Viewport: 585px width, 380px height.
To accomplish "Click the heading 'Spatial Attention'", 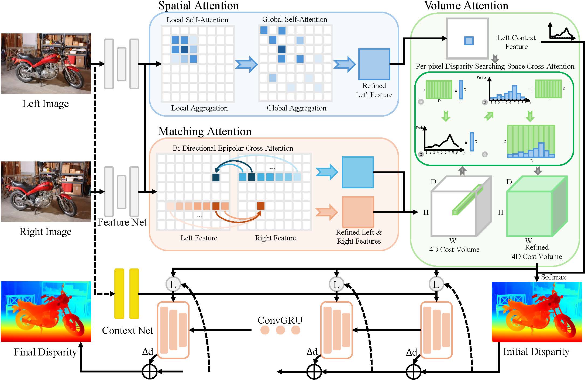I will coord(199,6).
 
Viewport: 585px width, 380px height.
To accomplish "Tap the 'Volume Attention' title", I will coord(466,6).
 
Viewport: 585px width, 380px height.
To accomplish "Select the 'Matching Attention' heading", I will coord(205,131).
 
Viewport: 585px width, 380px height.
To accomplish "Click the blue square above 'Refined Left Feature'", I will coord(374,64).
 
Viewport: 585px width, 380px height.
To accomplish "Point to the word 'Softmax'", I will coord(553,277).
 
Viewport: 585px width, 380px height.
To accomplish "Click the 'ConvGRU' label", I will coord(280,320).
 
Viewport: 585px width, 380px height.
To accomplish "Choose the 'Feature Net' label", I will coord(122,222).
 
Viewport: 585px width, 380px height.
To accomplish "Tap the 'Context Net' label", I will coord(127,330).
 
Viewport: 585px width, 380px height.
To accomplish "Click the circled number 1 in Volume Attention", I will coord(421,102).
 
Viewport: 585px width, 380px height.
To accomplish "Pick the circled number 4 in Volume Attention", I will coord(485,154).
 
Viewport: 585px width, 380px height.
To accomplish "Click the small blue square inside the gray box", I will coord(469,41).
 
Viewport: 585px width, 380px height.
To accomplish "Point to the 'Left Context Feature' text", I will coord(516,42).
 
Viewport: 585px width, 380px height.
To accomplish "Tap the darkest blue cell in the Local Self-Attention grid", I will coord(184,50).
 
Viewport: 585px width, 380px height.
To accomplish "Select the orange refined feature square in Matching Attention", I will coord(358,212).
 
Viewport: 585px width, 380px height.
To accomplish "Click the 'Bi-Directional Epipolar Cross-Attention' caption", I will coord(233,148).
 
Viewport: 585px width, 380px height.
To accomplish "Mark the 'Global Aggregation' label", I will coord(296,108).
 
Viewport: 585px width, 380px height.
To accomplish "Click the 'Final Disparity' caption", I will coord(45,352).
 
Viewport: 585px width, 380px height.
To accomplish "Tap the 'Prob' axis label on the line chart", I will coord(419,128).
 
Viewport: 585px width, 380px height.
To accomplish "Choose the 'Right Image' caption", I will coord(45,232).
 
